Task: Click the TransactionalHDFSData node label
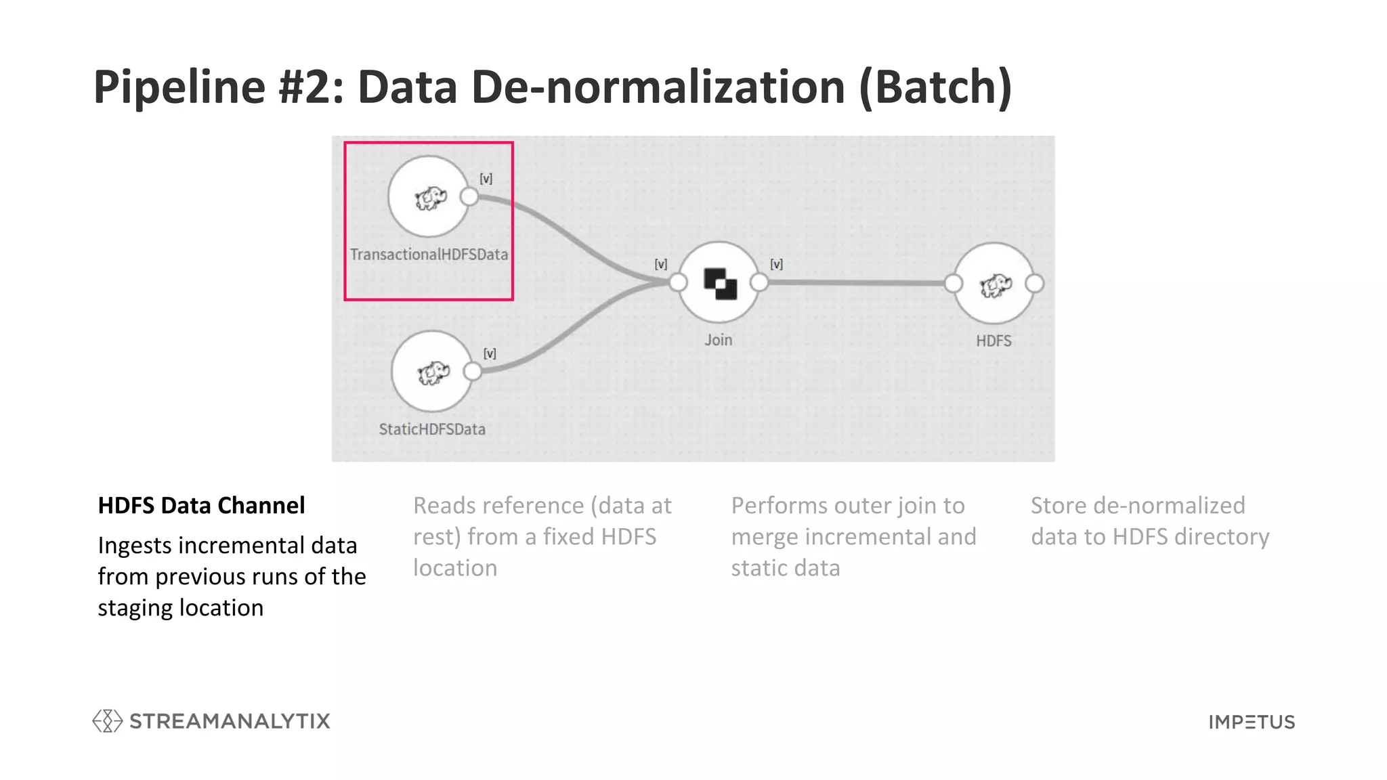tap(429, 255)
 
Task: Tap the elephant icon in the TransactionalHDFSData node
tap(430, 198)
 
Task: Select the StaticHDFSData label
tap(432, 429)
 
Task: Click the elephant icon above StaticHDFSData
tap(433, 372)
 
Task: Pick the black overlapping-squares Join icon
tap(720, 283)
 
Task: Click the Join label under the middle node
tap(718, 340)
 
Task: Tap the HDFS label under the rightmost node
tap(994, 341)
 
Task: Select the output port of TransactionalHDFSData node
tap(469, 197)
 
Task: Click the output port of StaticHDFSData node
tap(473, 371)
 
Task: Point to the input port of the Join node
tap(678, 283)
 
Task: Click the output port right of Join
tap(759, 282)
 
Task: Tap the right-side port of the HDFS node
tap(1034, 284)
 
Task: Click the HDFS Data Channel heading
tap(201, 505)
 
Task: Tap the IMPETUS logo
tap(1252, 722)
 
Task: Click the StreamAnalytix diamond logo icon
tap(107, 721)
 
